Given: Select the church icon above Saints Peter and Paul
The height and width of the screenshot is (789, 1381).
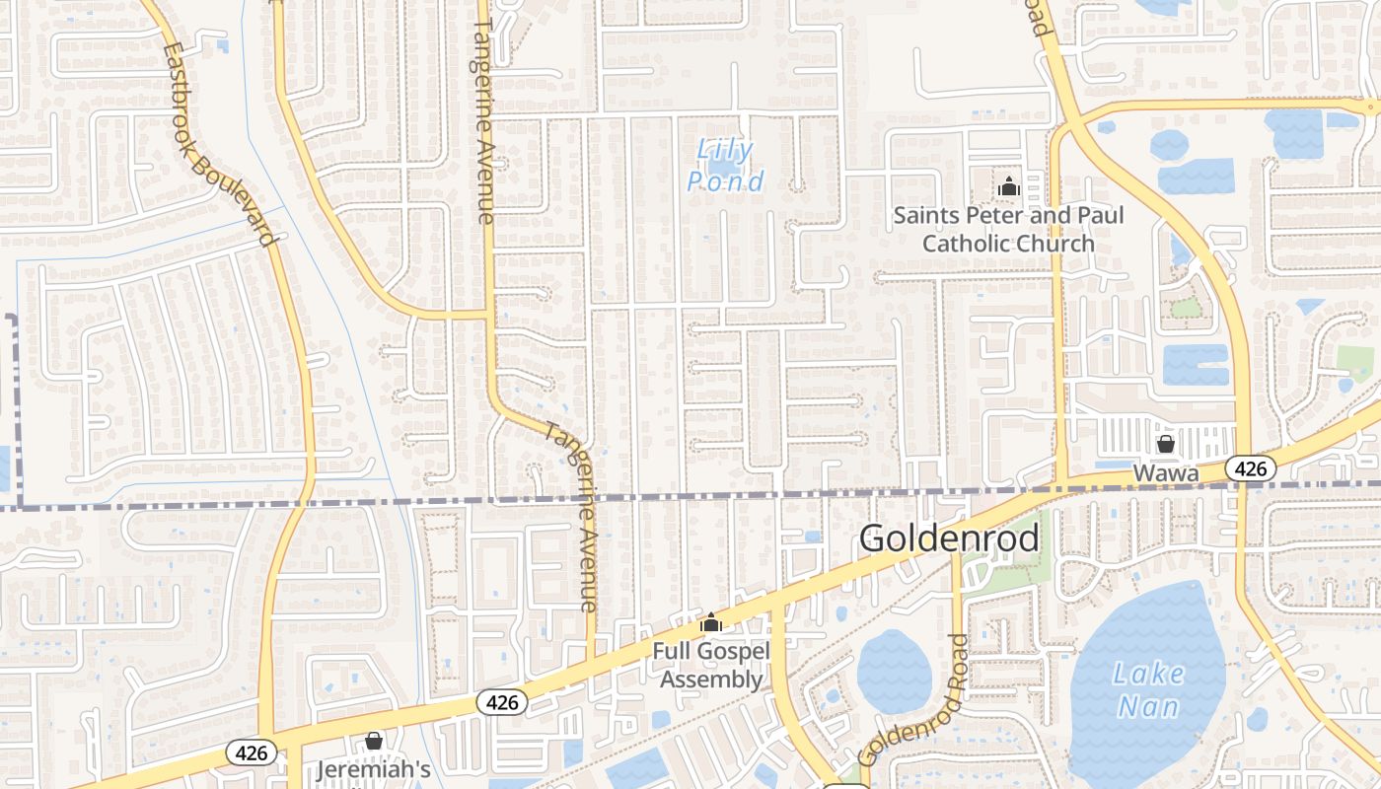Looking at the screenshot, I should [1008, 186].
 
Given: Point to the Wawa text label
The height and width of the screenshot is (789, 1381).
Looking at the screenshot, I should [1165, 473].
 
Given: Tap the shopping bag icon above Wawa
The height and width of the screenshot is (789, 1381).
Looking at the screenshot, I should [1165, 444].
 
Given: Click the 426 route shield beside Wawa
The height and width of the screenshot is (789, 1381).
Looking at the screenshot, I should [1250, 468].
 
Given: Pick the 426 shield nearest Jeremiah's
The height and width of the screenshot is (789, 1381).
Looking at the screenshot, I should [252, 753].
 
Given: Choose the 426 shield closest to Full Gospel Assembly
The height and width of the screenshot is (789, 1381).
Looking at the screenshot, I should [502, 702].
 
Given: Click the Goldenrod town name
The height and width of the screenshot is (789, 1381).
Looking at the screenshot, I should [949, 538].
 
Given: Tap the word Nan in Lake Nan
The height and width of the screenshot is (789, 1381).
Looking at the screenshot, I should [1148, 707].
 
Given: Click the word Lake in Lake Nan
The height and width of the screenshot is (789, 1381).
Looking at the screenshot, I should [1148, 675].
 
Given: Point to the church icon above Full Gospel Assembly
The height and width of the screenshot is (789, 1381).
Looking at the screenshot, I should [710, 622].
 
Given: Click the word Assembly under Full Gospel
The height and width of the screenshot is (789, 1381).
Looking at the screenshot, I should [711, 680].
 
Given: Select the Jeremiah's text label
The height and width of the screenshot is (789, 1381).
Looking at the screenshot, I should [374, 769].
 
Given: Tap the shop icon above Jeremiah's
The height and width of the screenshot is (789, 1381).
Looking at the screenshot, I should [374, 740].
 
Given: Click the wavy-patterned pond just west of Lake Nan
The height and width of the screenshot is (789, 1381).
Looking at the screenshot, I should [894, 672].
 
